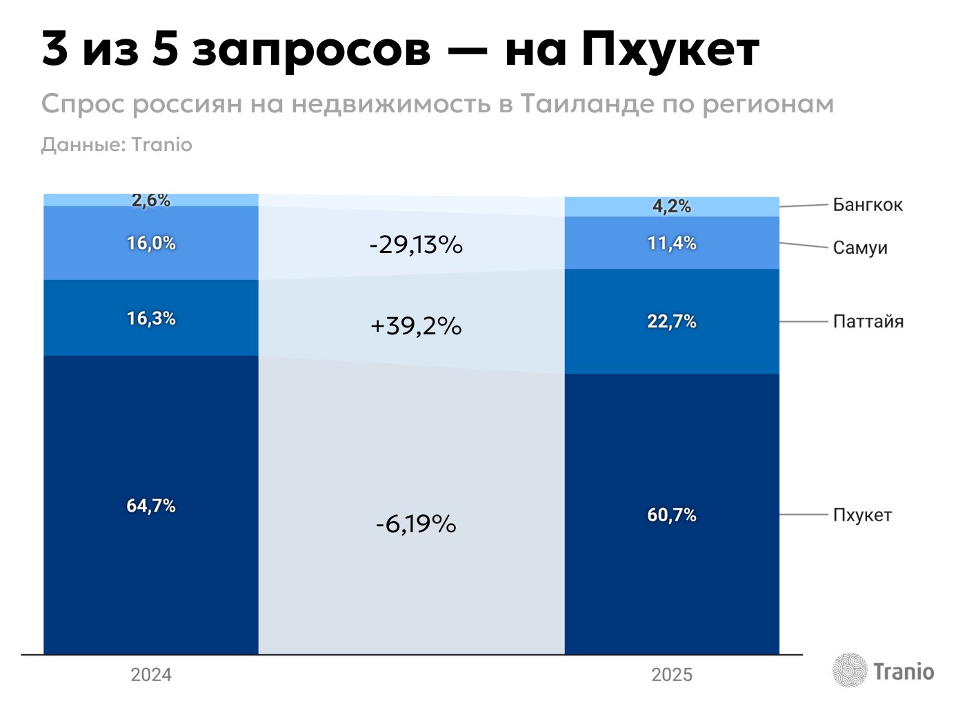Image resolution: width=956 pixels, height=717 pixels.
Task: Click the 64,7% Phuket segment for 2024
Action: [150, 505]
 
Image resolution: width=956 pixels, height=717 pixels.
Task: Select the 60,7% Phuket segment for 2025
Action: [671, 514]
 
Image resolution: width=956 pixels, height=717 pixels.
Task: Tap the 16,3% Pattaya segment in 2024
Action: [150, 318]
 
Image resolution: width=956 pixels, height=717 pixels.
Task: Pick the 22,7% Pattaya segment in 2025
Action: [671, 321]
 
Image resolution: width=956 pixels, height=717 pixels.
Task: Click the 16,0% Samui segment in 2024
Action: [150, 243]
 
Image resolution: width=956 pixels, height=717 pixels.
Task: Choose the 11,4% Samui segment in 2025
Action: [671, 243]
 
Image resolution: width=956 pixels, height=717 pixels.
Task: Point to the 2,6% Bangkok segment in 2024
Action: [150, 200]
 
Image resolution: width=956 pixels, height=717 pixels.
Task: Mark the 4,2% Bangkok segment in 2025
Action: [671, 206]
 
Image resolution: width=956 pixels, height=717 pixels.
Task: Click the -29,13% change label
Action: [415, 245]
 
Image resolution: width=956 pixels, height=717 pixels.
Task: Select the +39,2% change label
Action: [415, 325]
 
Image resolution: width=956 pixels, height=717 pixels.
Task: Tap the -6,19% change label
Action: [415, 524]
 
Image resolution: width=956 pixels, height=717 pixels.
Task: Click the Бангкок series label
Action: [867, 205]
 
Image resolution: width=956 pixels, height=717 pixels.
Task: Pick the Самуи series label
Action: [859, 248]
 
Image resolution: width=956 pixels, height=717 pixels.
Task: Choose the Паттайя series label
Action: [868, 321]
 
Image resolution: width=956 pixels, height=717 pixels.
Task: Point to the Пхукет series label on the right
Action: [862, 515]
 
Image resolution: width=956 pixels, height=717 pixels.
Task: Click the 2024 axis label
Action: [150, 674]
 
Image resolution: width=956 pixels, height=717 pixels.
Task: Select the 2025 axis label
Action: [671, 674]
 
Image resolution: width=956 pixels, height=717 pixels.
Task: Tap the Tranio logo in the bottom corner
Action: [883, 671]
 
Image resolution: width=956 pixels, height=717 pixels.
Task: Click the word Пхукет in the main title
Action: [669, 50]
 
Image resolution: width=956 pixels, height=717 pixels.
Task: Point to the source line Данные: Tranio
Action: [117, 145]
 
